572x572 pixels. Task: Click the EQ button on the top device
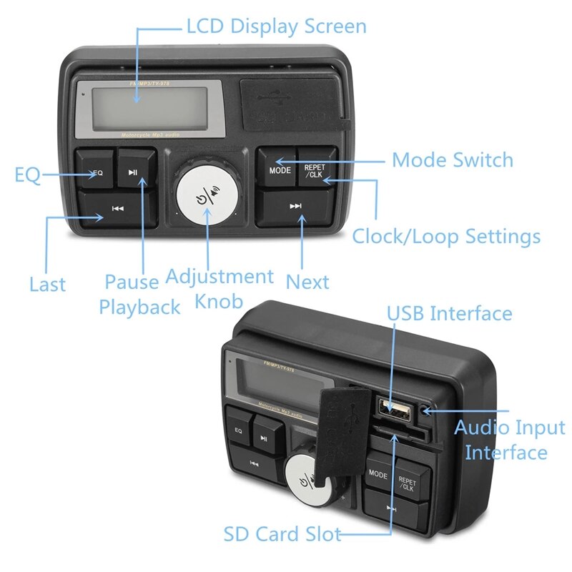[99, 170]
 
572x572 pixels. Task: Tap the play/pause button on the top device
[135, 169]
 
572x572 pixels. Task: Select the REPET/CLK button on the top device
[315, 170]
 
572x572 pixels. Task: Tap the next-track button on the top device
[296, 206]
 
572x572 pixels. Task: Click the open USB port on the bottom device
[395, 413]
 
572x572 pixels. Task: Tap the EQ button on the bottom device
[239, 430]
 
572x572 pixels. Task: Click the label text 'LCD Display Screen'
[276, 27]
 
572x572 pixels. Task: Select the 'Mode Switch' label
[453, 159]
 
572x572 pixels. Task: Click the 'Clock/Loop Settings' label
[446, 235]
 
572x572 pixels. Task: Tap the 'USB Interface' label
[450, 313]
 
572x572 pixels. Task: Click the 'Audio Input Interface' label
[510, 440]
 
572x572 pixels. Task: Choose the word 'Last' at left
[47, 284]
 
